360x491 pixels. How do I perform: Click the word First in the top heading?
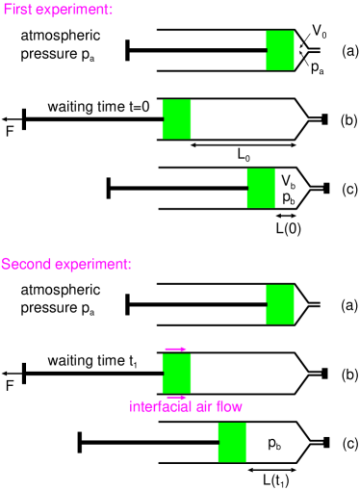18,10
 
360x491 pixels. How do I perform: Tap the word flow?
229,406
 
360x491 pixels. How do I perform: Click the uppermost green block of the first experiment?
280,50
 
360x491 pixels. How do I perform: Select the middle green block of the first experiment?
176,119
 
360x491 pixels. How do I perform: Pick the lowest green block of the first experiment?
261,188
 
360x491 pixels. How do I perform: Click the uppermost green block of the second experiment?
280,304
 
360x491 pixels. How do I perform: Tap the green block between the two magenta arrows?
176,373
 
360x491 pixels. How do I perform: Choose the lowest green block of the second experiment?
232,442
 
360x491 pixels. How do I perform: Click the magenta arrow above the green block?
175,349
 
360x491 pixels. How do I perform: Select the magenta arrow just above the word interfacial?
176,396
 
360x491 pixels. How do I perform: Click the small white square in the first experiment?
322,50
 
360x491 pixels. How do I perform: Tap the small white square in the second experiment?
322,304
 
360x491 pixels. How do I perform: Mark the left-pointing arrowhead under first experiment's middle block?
193,145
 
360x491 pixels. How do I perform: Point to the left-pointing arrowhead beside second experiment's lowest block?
249,470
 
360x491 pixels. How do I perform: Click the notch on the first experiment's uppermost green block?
267,50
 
